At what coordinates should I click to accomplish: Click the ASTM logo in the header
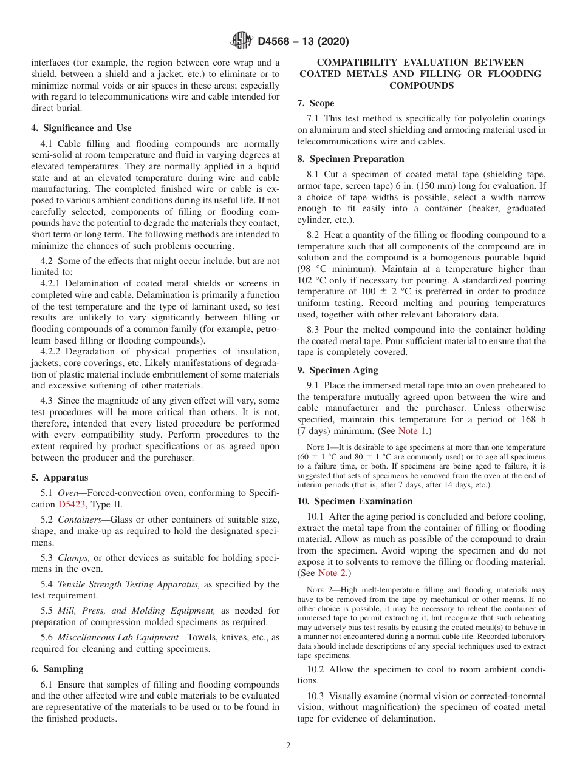point(241,41)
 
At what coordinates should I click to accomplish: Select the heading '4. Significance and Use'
point(81,128)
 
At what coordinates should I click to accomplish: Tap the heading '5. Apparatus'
point(60,478)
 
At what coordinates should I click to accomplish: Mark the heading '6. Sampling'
point(58,668)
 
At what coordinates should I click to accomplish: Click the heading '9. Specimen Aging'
point(338,370)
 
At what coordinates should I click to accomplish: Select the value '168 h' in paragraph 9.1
point(532,419)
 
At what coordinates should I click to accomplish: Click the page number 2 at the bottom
point(288,746)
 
